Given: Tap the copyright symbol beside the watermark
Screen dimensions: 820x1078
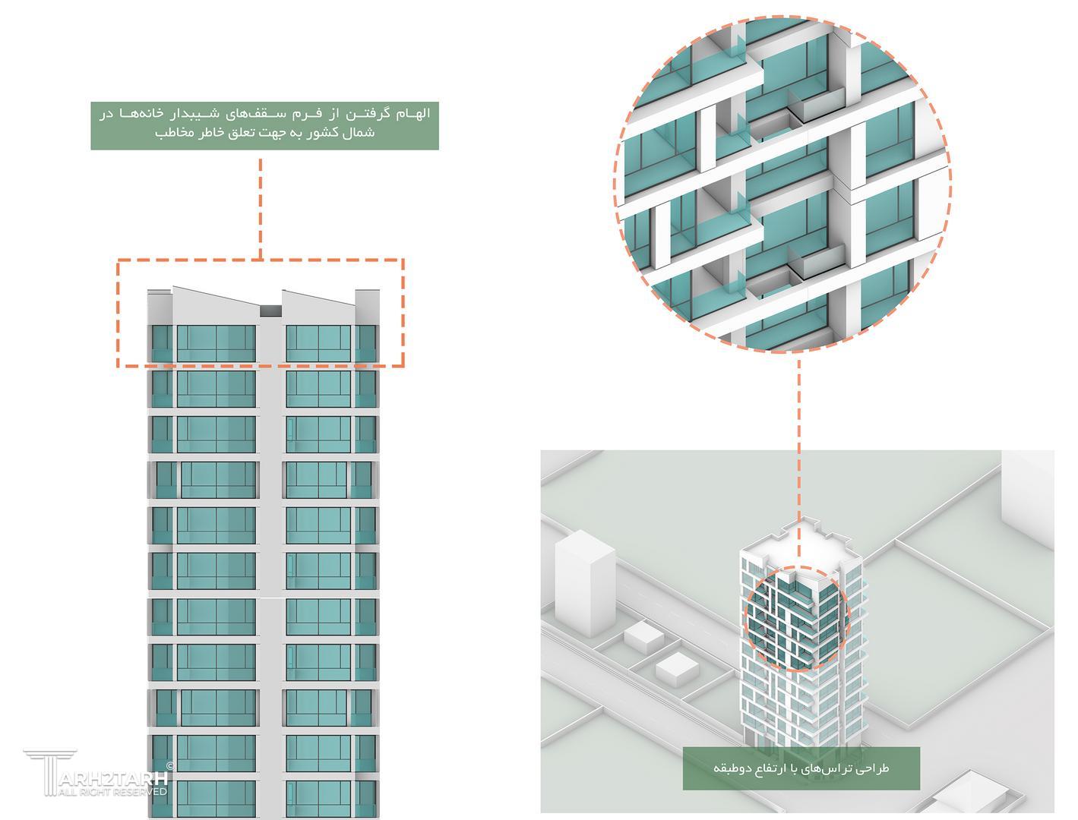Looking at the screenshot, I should pyautogui.click(x=169, y=767).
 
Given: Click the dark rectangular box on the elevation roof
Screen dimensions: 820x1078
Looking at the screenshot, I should pyautogui.click(x=271, y=311).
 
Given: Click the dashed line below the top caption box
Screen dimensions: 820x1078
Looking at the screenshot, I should pyautogui.click(x=261, y=205).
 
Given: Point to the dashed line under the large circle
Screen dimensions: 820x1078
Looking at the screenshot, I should pyautogui.click(x=798, y=440).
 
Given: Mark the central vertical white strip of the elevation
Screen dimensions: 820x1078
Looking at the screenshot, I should pyautogui.click(x=271, y=531).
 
